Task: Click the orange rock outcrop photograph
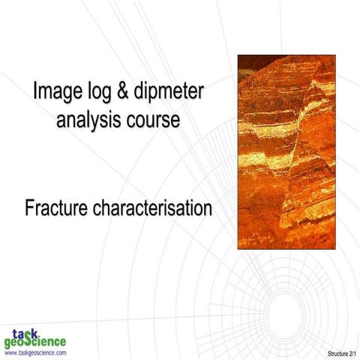click(286, 151)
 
